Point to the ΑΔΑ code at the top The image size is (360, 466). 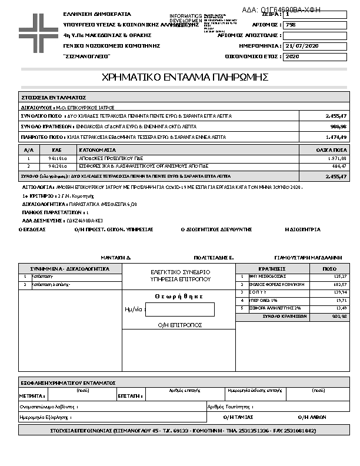coord(282,10)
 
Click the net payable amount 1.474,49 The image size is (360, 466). coord(335,137)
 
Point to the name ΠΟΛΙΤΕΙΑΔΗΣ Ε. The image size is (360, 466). coord(214,258)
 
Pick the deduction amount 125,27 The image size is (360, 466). coord(339,276)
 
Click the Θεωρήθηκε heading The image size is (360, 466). coord(179,297)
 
